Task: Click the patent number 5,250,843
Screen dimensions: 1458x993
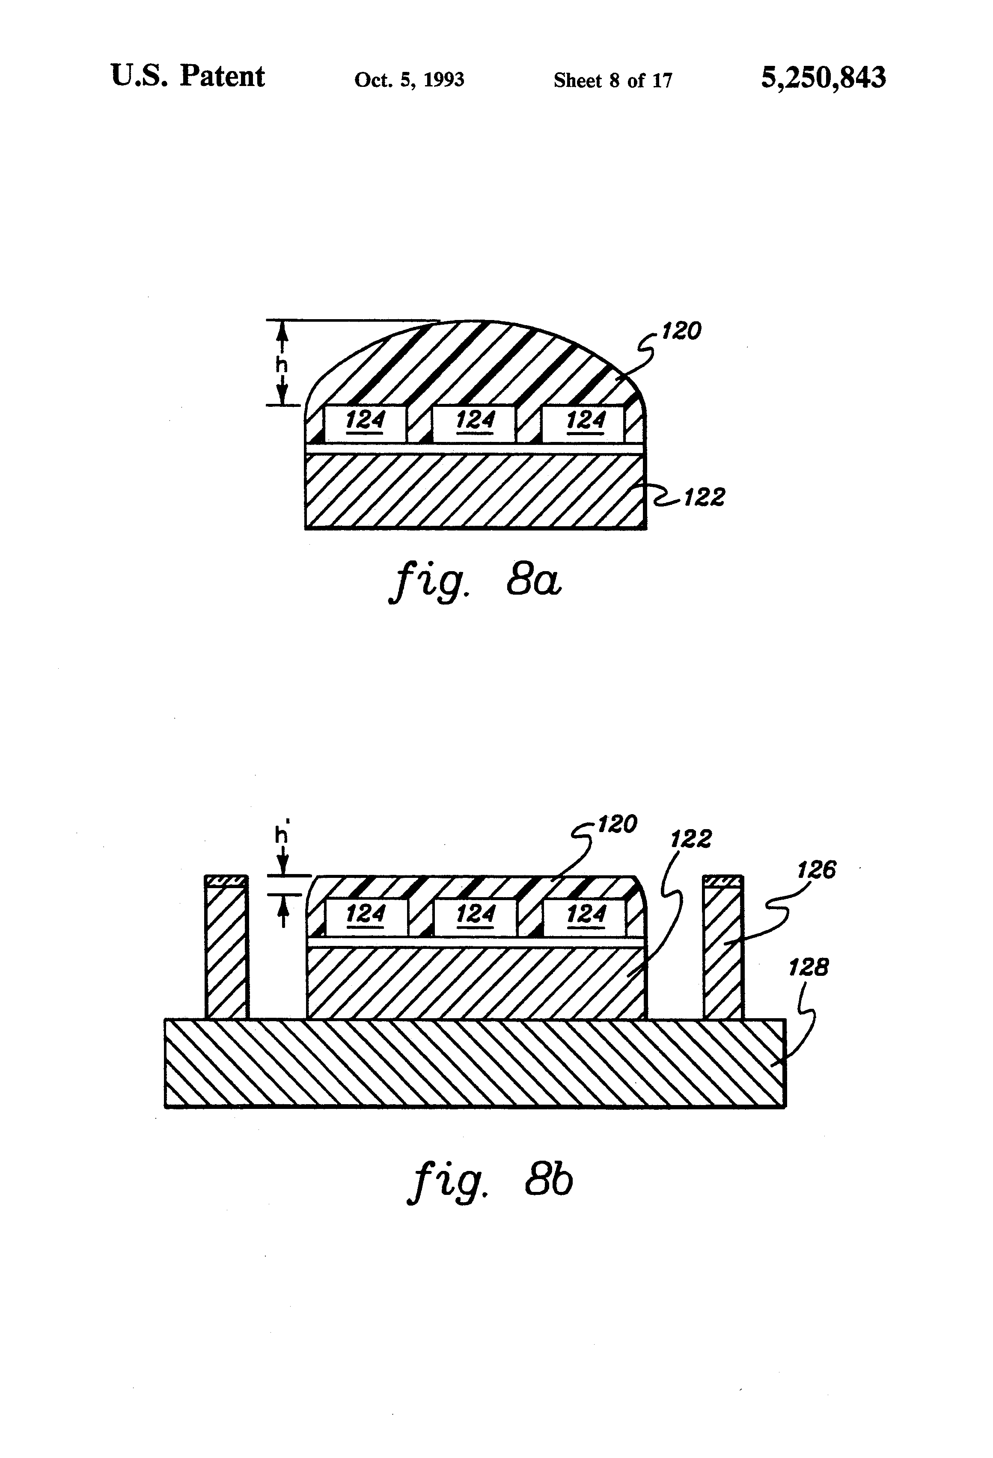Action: coord(823,78)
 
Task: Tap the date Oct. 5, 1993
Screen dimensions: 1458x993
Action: coord(409,80)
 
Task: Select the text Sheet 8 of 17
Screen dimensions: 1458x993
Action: coord(612,80)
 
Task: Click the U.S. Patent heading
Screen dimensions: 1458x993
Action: coord(187,77)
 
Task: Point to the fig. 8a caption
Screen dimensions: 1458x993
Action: coord(475,581)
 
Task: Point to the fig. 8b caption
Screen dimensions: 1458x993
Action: coord(490,1181)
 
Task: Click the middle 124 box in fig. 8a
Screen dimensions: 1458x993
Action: coord(475,422)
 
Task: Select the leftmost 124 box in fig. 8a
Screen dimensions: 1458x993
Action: coord(365,422)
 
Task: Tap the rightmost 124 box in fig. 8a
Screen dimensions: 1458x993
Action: coord(584,422)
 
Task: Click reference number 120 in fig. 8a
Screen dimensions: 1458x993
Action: coord(681,331)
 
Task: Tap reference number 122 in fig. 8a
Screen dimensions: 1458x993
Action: coord(704,498)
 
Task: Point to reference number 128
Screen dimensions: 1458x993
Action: coord(809,967)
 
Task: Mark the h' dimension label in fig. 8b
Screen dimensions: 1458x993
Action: coord(282,834)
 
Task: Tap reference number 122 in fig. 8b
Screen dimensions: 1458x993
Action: coord(691,839)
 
